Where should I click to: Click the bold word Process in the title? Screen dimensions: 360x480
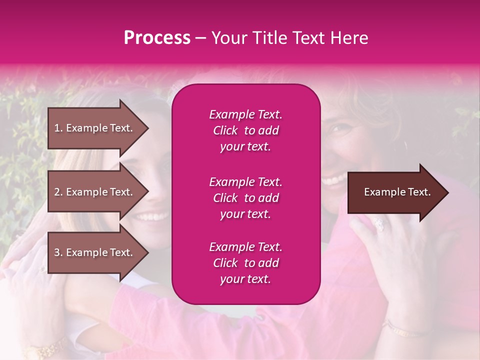tap(157, 38)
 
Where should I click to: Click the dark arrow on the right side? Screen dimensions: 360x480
tap(397, 192)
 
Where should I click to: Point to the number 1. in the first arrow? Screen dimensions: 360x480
tap(58, 128)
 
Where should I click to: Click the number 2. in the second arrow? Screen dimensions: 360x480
tap(58, 192)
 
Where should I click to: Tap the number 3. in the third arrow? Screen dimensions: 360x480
tap(58, 253)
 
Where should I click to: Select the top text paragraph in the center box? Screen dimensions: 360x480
tap(245, 130)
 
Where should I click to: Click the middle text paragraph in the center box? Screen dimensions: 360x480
tap(245, 198)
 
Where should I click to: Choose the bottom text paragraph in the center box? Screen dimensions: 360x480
tap(245, 263)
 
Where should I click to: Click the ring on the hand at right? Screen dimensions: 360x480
tap(379, 225)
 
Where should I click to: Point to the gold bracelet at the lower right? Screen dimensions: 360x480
tap(405, 330)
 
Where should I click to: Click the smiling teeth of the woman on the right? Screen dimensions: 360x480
tap(333, 179)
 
